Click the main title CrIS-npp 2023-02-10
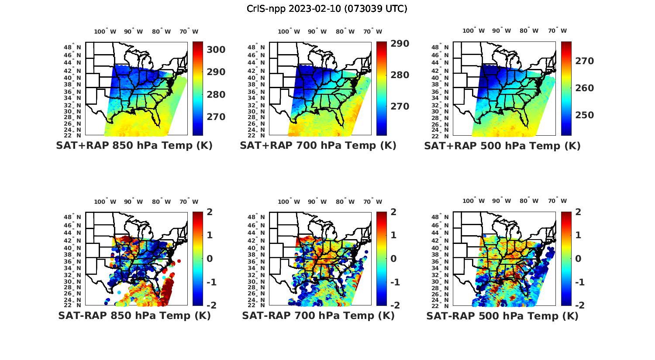point(327,9)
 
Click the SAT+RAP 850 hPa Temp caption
point(134,145)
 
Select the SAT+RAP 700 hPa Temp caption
point(318,145)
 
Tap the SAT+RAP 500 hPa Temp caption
point(502,146)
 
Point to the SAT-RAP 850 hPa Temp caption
point(134,315)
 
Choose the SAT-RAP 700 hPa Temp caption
point(318,315)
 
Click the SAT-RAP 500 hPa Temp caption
point(502,316)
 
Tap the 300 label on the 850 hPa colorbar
point(217,50)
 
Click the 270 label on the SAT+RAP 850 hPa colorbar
point(217,117)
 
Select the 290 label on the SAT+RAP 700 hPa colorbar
point(400,44)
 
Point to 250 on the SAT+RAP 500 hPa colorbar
point(585,115)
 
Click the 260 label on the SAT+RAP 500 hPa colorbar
point(585,88)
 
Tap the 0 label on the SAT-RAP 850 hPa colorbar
point(209,258)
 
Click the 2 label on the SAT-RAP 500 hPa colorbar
point(578,212)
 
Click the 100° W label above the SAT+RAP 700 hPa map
point(289,31)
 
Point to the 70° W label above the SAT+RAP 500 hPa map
point(557,31)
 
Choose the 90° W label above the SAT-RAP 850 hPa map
point(133,202)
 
